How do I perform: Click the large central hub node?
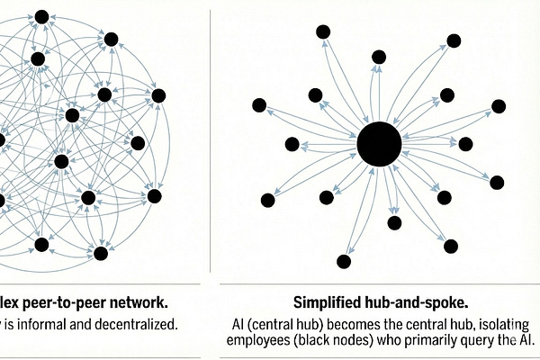379,144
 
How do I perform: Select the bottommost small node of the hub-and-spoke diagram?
343,262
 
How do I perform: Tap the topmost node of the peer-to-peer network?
40,17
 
